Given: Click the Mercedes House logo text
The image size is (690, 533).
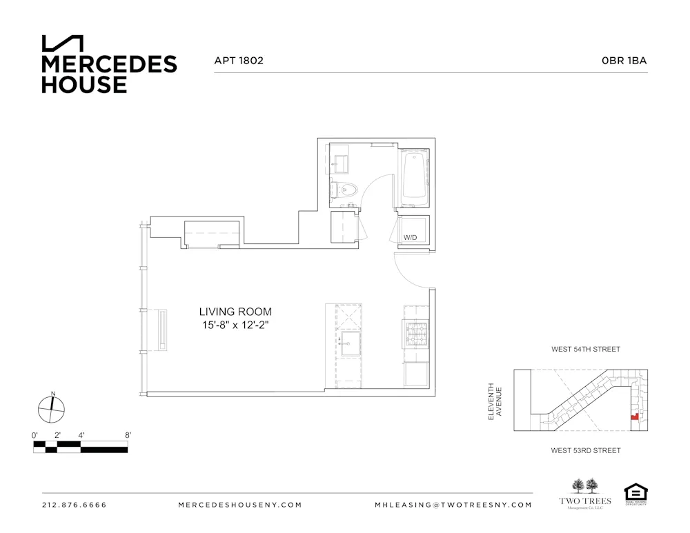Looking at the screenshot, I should coord(109,74).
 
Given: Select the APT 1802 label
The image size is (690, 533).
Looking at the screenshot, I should coord(239,61).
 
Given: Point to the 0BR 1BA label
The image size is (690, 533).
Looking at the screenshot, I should coord(624,61).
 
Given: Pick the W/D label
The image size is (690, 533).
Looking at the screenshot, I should coord(411,238).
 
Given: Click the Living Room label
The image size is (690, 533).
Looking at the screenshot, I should coord(235,312).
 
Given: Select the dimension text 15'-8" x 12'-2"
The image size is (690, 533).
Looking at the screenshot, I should coord(235,325).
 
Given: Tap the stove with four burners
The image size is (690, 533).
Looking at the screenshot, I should coord(417,334).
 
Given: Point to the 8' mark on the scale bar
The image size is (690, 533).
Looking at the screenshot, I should coord(128,435).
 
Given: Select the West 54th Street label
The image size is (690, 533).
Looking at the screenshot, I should coord(585,350).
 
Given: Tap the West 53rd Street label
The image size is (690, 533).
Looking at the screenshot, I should coord(585,450).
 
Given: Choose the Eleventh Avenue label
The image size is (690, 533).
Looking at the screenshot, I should coord(495,401).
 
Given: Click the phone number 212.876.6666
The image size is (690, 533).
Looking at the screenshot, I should coord(75,505).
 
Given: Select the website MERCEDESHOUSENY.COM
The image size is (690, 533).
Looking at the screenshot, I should coord(239,505).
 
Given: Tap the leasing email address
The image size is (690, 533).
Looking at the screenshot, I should coord(453,505).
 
